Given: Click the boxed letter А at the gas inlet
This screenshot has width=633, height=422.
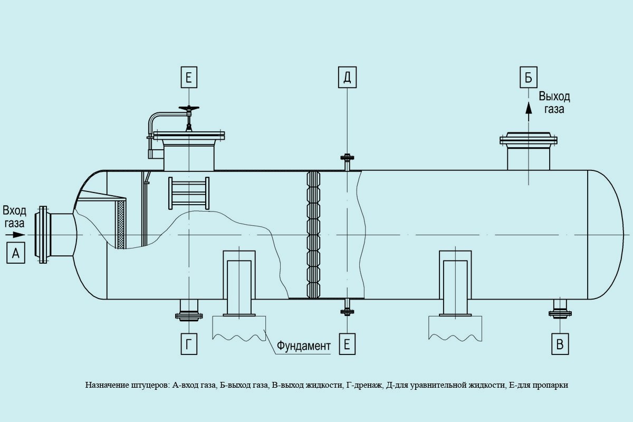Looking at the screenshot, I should pos(16,254).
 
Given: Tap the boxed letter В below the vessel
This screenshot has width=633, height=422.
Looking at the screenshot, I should pos(560,344).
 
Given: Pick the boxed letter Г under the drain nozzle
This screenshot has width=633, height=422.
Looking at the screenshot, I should pos(188,344).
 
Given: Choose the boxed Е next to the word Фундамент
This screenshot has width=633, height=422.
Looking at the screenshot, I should pos(347,344).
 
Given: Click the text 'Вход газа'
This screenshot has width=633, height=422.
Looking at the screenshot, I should pos(14,217).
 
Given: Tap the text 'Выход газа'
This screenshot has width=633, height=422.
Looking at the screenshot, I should pos(554,103).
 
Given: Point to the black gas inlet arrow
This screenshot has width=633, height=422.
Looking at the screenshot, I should pos(16,235).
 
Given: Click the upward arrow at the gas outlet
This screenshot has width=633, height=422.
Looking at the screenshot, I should pos(527,108).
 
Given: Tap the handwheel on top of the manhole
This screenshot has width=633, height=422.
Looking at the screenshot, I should pos(188,109).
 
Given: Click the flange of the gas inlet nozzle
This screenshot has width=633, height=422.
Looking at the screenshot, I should pos(42,235).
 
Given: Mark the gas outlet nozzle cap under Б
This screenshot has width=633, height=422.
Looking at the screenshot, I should pos(528,140).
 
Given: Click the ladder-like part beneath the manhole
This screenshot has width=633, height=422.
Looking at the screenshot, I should pos(188,194).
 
